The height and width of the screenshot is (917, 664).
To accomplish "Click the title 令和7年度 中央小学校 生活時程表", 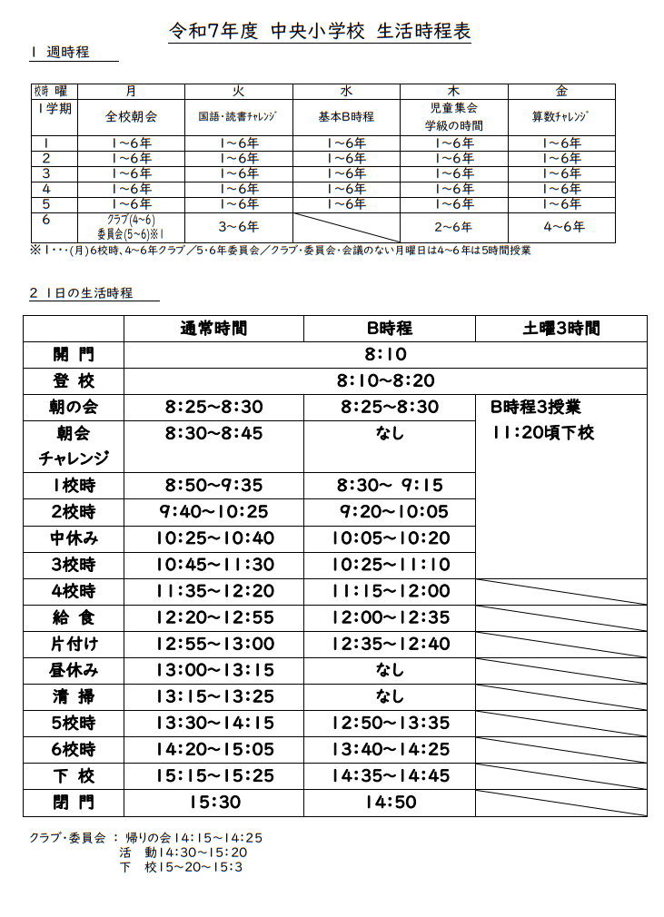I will click(321, 31).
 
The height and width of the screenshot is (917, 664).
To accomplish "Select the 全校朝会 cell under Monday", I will click(131, 117).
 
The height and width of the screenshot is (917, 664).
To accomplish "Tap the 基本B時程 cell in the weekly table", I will click(345, 117).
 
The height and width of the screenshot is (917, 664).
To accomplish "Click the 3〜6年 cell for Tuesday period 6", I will click(238, 226).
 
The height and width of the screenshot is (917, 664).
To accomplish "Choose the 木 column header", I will click(453, 91).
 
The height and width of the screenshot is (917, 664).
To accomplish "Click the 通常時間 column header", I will click(213, 328).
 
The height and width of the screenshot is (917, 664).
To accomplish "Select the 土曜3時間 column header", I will click(560, 328).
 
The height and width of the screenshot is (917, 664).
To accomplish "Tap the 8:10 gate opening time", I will click(385, 355).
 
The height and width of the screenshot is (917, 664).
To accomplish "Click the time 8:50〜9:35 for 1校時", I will click(213, 485).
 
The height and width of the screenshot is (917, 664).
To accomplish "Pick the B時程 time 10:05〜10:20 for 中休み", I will click(390, 538).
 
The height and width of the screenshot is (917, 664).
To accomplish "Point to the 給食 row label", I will click(74, 618).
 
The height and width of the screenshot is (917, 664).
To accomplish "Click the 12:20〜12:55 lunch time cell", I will click(213, 618).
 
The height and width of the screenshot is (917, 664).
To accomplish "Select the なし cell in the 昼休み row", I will click(390, 671).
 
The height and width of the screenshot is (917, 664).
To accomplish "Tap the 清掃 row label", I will click(74, 698).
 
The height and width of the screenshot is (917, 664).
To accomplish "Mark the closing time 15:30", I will click(213, 803).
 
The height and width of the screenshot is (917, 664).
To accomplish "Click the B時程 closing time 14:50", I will click(390, 803).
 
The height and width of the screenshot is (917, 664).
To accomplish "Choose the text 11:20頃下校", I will click(542, 433).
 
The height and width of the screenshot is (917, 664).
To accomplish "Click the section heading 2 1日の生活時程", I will click(81, 293).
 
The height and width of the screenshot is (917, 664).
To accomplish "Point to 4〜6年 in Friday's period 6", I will click(560, 226).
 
